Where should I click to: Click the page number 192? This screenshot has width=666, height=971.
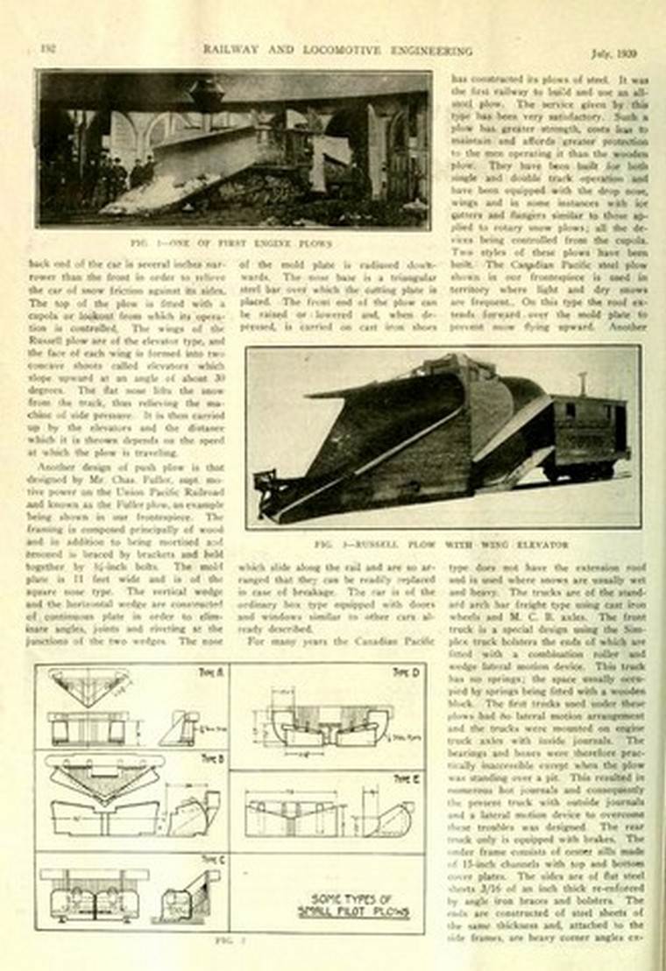coord(47,48)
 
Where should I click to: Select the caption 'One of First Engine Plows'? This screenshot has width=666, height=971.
coord(232,243)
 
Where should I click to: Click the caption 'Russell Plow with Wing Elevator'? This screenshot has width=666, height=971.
coord(442,544)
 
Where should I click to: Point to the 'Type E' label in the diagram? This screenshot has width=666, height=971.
coord(405,778)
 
